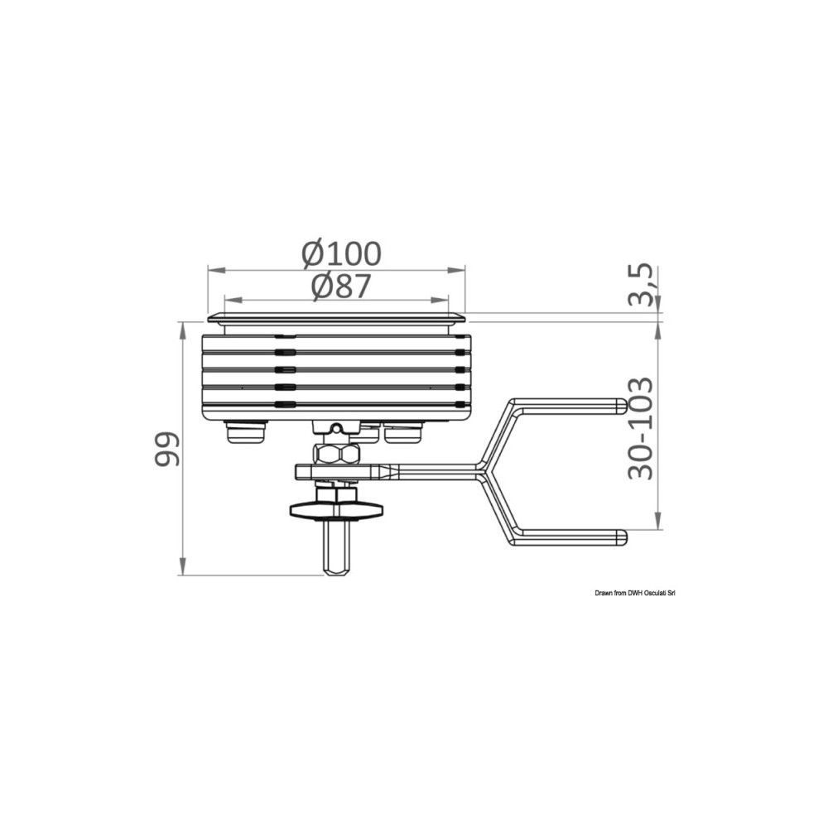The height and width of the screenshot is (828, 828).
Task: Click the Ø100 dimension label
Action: click(x=341, y=253)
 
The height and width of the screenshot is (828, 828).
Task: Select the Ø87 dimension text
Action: click(x=341, y=286)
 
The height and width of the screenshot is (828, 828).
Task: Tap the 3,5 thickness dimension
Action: click(x=641, y=285)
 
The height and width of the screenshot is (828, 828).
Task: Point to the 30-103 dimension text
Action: click(x=641, y=428)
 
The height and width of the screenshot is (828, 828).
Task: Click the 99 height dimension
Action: click(x=167, y=449)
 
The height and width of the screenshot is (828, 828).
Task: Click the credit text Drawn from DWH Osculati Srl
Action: click(x=635, y=594)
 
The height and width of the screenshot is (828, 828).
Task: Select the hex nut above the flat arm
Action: click(x=337, y=454)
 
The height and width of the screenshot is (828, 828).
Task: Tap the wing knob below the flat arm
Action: click(x=337, y=509)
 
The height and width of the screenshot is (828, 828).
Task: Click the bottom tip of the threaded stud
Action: click(x=337, y=575)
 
